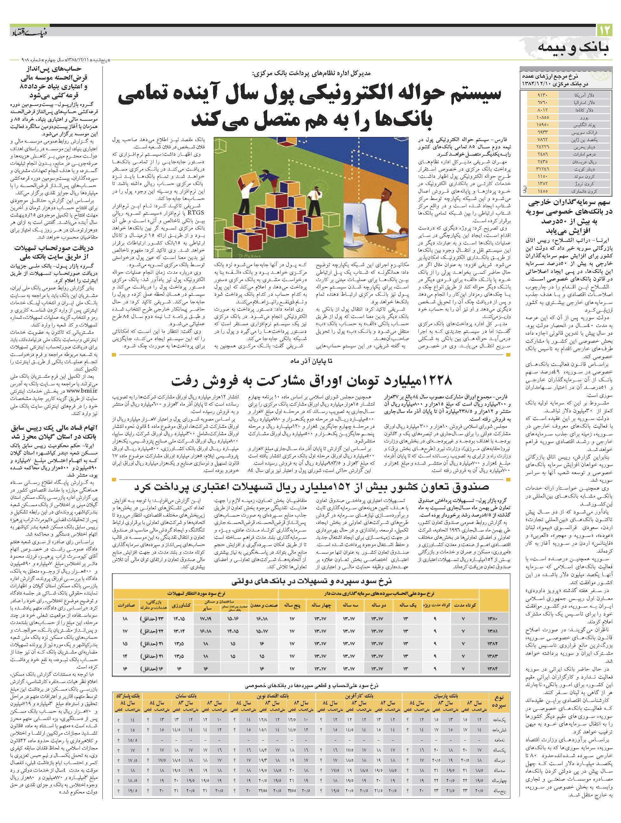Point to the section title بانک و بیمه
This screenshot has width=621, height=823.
[574, 49]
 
